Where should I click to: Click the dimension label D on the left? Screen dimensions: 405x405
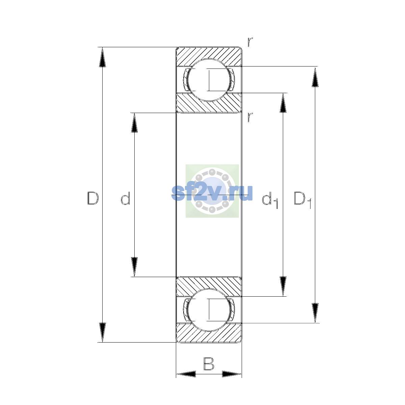93,198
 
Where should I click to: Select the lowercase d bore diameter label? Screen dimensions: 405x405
126,198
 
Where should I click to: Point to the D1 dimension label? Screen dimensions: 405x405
302,200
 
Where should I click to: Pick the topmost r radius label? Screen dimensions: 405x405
250,42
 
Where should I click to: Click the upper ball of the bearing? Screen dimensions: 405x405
209,80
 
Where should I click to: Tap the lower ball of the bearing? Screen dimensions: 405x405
209,310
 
